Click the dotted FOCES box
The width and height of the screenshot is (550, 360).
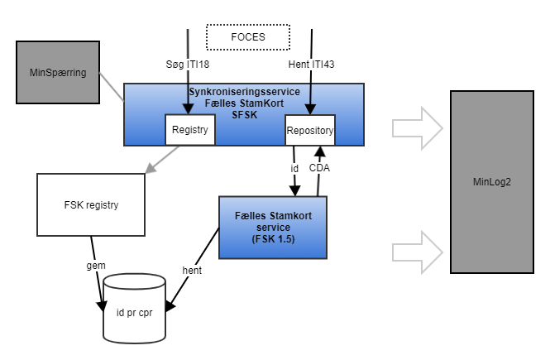click(248, 37)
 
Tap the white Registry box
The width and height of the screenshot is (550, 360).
click(191, 129)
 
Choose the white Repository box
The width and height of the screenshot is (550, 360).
click(309, 130)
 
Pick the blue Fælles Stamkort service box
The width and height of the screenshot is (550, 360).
click(272, 228)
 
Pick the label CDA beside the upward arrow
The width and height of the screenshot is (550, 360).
click(319, 168)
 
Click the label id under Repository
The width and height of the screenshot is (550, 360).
click(295, 168)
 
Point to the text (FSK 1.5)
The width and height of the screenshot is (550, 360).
click(272, 240)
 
